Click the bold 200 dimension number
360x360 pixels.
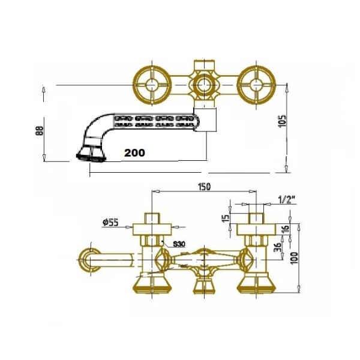[134, 152]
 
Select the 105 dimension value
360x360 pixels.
[283, 121]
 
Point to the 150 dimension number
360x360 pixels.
[204, 187]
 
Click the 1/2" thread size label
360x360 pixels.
[287, 200]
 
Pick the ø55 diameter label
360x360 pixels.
[110, 222]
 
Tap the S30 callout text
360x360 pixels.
[179, 244]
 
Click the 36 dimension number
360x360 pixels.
[278, 247]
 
